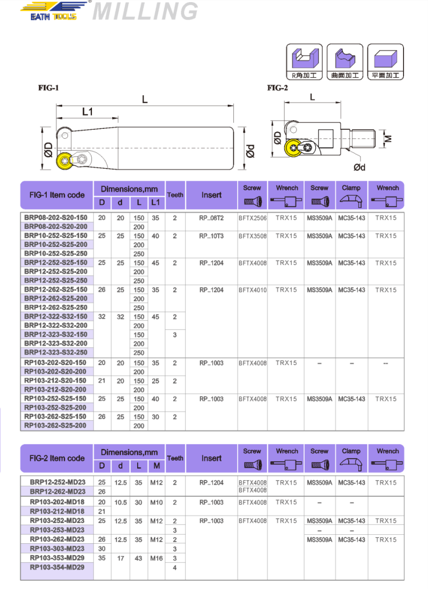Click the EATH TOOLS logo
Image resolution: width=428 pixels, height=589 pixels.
[x=53, y=12]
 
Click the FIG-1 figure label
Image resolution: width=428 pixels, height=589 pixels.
[x=48, y=88]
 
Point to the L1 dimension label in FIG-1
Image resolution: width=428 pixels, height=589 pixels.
[x=88, y=111]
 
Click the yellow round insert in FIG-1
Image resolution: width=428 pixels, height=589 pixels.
[x=63, y=159]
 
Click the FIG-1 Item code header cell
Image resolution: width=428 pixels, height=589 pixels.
[x=57, y=195]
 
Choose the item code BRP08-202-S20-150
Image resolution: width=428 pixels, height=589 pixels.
[x=55, y=218]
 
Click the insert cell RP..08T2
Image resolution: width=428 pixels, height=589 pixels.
[x=212, y=218]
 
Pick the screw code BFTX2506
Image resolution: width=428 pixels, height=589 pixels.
[x=253, y=218]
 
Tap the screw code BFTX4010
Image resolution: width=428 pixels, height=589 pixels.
[x=253, y=290]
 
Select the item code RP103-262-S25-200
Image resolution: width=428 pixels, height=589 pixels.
[x=55, y=425]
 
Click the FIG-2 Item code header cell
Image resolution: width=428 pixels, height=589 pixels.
[x=57, y=458]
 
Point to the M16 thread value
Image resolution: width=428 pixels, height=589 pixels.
[x=155, y=558]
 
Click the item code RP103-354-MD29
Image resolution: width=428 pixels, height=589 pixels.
[x=57, y=567]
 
